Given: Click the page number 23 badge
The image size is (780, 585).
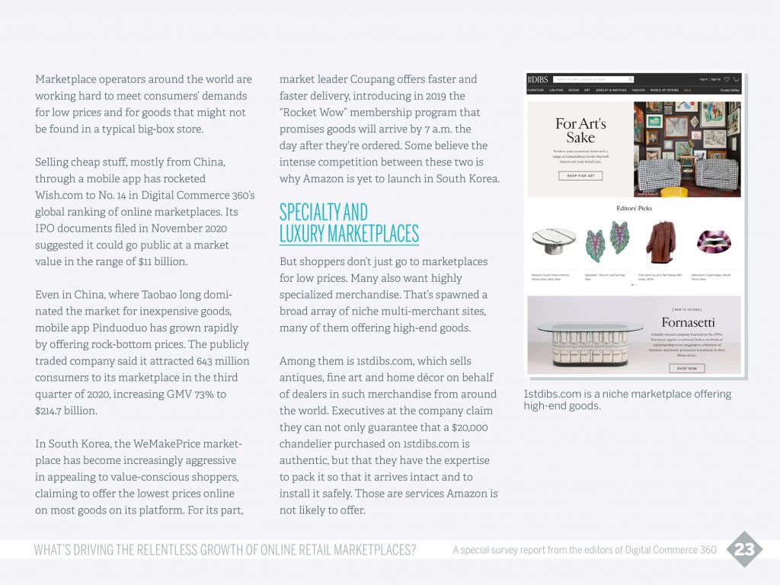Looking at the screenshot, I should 744,549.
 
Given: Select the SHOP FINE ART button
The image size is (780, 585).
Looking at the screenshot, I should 580,176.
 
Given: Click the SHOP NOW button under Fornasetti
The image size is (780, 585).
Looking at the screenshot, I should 686,368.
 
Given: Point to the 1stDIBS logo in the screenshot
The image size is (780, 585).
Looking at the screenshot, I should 538,79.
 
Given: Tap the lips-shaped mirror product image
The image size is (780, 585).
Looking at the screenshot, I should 714,242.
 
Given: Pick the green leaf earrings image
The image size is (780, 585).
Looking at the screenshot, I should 607,243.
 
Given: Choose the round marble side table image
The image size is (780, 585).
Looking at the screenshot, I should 554,243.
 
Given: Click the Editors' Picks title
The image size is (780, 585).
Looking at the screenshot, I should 634,208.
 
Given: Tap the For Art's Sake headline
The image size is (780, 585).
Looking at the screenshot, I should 580,130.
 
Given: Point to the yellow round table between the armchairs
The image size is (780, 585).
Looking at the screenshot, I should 673,191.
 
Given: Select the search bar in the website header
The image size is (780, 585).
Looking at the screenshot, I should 594,79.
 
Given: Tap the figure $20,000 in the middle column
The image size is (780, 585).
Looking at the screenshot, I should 470,427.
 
